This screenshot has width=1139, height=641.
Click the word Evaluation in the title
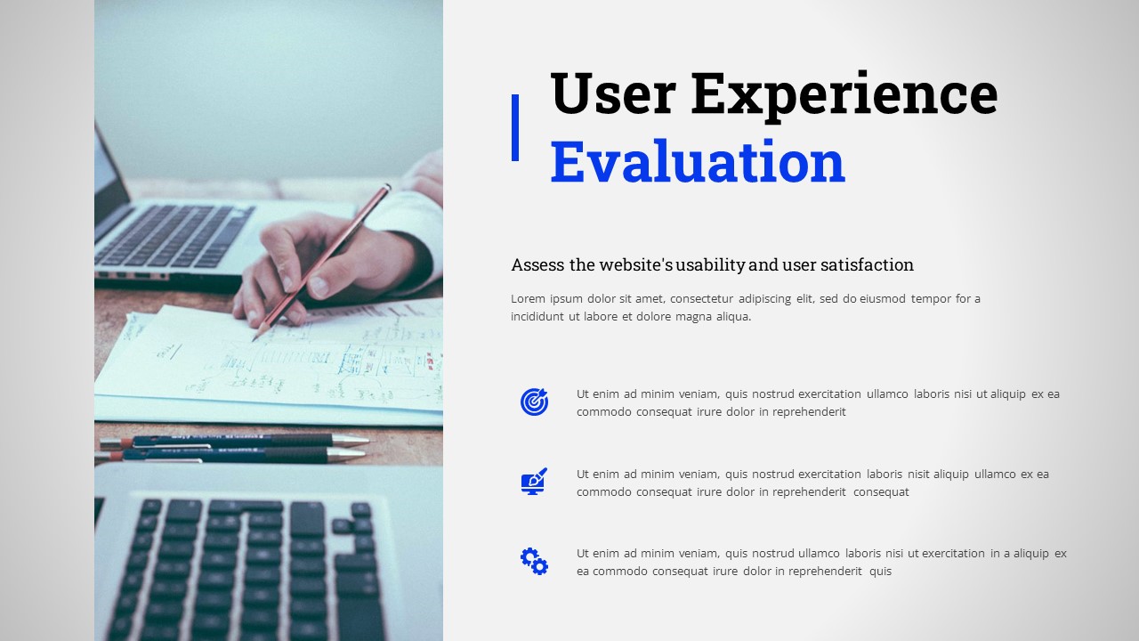point(697,162)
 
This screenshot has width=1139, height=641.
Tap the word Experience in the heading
point(844,93)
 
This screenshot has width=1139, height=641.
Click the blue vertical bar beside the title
point(515,127)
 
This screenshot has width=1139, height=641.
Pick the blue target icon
point(534,402)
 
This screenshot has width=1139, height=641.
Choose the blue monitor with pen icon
point(534,482)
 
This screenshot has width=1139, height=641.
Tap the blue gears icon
point(534,561)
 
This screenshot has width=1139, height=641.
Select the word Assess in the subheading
point(537,264)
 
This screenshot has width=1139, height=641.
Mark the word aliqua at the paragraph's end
point(731,316)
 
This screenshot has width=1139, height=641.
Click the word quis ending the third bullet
point(880,572)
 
